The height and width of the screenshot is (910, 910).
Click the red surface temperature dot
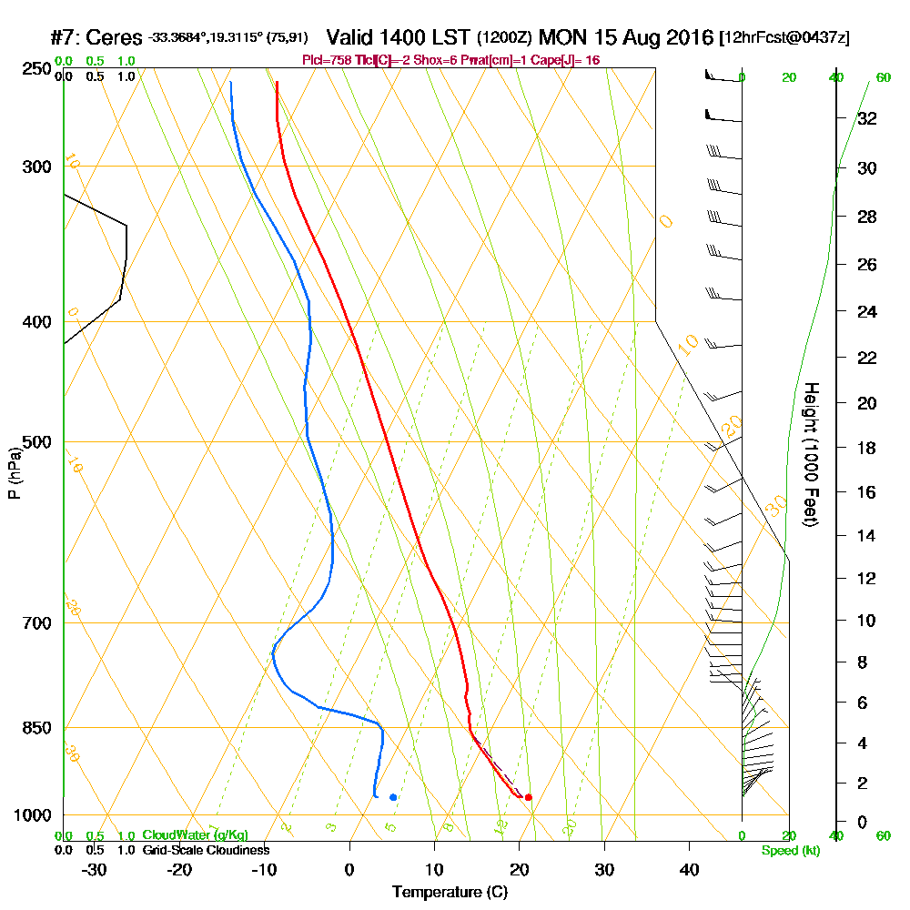(529, 798)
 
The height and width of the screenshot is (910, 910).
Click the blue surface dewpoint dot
(393, 797)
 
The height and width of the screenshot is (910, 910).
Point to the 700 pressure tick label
(37, 623)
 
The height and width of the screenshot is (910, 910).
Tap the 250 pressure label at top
(37, 68)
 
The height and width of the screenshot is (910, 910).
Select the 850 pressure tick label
(37, 728)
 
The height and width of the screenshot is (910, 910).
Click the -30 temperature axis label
(95, 870)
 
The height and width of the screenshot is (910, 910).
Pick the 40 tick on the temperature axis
(689, 870)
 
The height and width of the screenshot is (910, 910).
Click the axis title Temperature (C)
(450, 893)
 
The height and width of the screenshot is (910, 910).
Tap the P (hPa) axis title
(14, 472)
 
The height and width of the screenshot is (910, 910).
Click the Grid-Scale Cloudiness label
(206, 850)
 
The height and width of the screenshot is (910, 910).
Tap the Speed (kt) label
(789, 850)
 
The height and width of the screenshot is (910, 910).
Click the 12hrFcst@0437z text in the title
(784, 39)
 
